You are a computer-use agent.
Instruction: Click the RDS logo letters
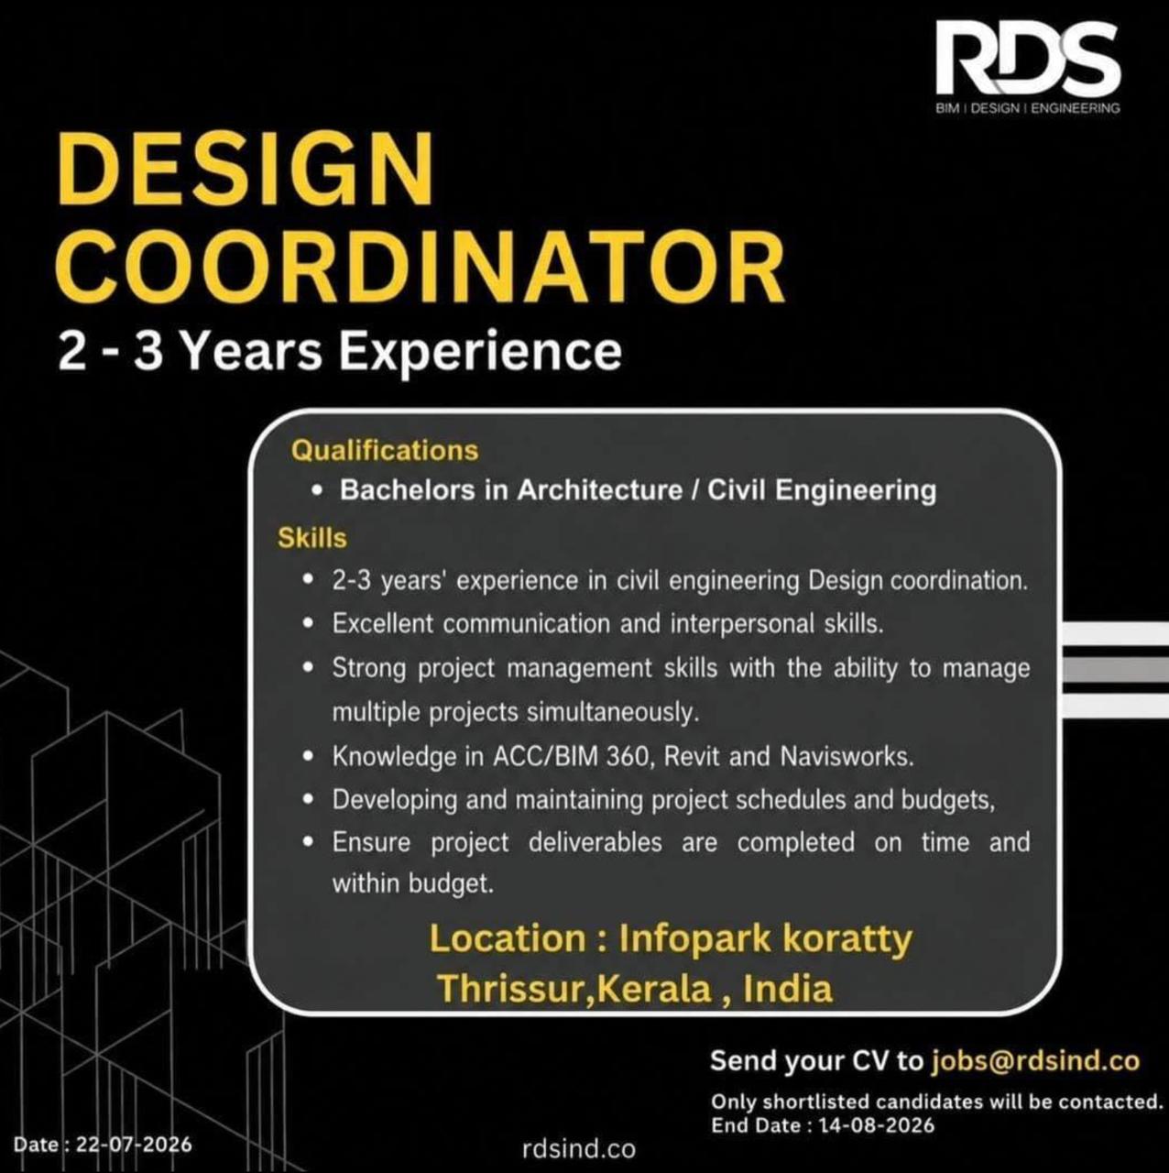(1027, 59)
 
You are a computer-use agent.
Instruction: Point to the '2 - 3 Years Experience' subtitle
(340, 352)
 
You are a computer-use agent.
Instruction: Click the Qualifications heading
(385, 451)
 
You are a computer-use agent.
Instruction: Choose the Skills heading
(312, 538)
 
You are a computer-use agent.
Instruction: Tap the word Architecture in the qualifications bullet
(600, 490)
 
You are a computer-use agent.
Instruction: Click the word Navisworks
(847, 757)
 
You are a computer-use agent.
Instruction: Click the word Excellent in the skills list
(382, 623)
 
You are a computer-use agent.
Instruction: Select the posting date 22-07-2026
(134, 1145)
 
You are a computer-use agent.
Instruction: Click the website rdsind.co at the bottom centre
(579, 1149)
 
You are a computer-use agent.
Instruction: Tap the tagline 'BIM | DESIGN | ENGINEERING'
(1028, 108)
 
